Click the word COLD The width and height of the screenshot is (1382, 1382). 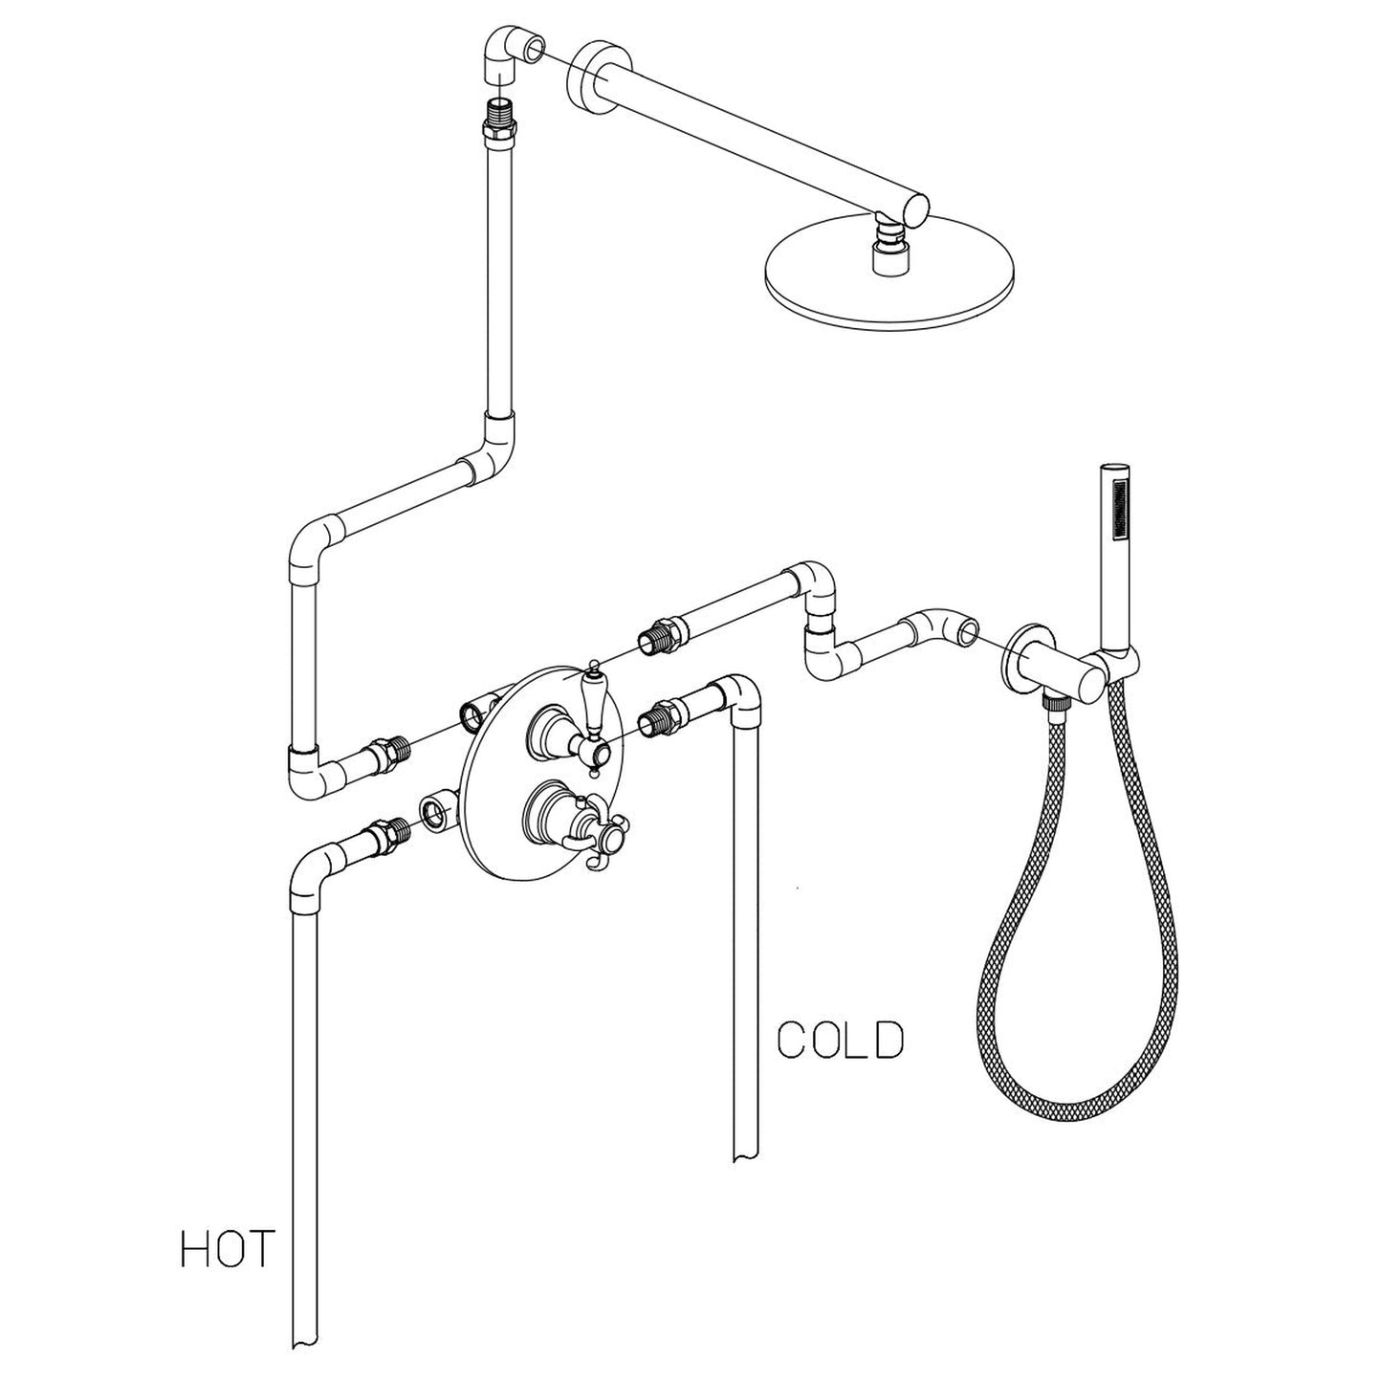[x=840, y=1041]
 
